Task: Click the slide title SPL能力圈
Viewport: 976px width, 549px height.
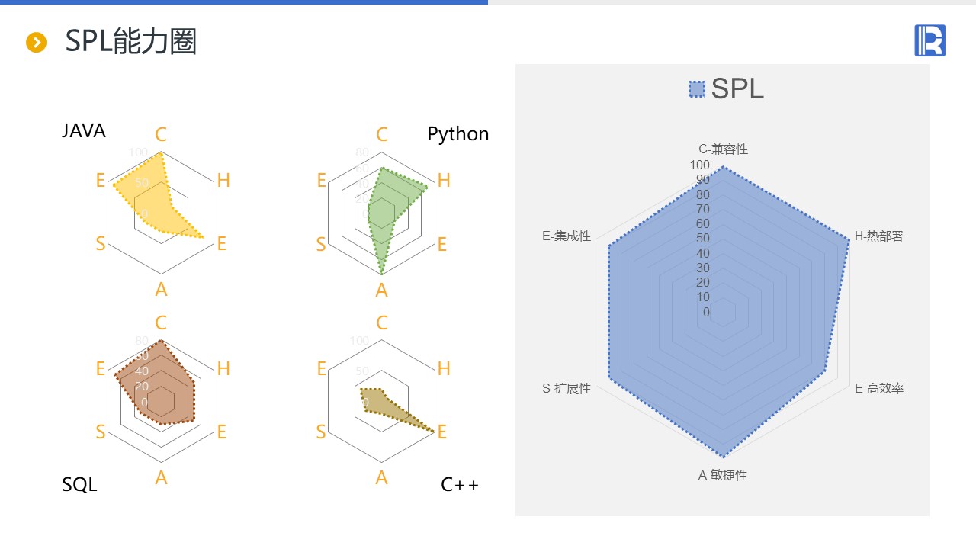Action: pyautogui.click(x=130, y=41)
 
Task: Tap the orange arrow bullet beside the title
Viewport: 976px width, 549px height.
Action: pyautogui.click(x=37, y=43)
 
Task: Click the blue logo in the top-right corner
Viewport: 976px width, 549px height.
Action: pyautogui.click(x=929, y=40)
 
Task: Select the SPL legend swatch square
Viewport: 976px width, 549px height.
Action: pyautogui.click(x=696, y=90)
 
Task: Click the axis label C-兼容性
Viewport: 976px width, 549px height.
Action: pyautogui.click(x=723, y=149)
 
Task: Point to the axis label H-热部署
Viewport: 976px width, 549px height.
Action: pyautogui.click(x=878, y=236)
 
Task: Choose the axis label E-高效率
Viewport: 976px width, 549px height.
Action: pyautogui.click(x=878, y=389)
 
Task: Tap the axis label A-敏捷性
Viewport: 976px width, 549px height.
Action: pyautogui.click(x=723, y=476)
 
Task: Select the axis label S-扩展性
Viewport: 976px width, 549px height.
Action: pyautogui.click(x=567, y=389)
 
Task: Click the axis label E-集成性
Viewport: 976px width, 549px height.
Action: pyautogui.click(x=567, y=236)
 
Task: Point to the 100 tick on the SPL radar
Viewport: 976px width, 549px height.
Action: pyautogui.click(x=699, y=165)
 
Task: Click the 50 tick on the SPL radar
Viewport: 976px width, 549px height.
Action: pyautogui.click(x=702, y=239)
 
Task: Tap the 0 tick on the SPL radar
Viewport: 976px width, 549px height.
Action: pyautogui.click(x=706, y=312)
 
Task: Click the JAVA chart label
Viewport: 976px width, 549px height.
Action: pyautogui.click(x=84, y=131)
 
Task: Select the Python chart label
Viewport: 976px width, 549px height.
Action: pyautogui.click(x=457, y=134)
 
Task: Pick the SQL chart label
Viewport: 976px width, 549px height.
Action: pyautogui.click(x=79, y=484)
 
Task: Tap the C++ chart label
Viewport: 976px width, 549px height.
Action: pyautogui.click(x=460, y=484)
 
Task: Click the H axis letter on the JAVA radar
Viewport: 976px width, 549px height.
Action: pyautogui.click(x=223, y=181)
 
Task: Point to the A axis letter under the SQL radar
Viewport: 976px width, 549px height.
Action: pyautogui.click(x=161, y=478)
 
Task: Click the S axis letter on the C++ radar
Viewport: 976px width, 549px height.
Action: pyautogui.click(x=321, y=432)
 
